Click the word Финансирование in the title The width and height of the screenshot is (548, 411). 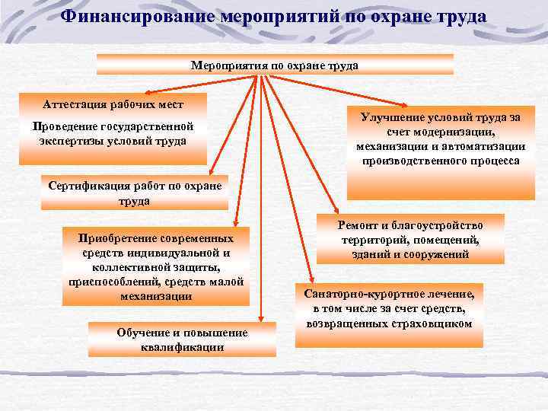point(138,16)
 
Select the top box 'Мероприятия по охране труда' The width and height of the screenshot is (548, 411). point(275,65)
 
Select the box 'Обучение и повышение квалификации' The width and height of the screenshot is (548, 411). point(183,339)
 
